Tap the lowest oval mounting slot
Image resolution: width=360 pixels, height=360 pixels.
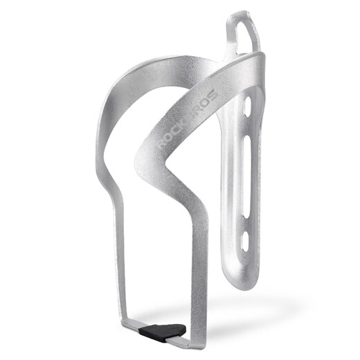pyautogui.click(x=247, y=240)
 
